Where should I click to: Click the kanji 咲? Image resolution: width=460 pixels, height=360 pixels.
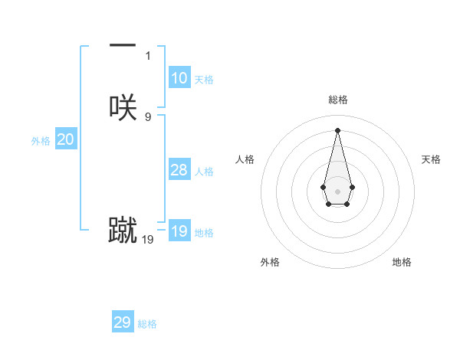(x=123, y=106)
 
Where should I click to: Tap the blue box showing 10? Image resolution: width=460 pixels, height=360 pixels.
(x=179, y=78)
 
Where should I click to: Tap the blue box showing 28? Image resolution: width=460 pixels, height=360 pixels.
(x=179, y=170)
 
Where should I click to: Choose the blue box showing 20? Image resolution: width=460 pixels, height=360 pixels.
(x=66, y=139)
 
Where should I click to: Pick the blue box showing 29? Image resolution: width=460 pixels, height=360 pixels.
(x=123, y=322)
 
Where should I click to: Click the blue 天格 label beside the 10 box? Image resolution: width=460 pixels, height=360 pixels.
(x=204, y=80)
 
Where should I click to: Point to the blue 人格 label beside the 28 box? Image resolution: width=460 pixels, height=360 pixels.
(x=204, y=172)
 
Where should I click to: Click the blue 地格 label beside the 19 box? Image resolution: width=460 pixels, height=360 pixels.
(x=204, y=233)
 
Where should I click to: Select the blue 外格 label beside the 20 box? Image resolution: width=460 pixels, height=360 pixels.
(x=41, y=141)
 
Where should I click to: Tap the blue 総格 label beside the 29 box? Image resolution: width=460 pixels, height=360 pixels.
(x=147, y=324)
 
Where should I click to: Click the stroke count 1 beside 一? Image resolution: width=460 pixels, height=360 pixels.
(x=148, y=56)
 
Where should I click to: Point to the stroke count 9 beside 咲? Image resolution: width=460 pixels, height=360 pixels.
(x=148, y=117)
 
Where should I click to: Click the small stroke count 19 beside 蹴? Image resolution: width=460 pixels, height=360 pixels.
(x=148, y=240)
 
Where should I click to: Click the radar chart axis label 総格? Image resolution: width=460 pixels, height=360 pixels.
(x=337, y=100)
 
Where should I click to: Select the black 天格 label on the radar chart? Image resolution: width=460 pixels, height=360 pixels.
(x=431, y=159)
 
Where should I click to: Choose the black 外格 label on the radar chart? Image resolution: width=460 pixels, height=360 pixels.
(x=270, y=262)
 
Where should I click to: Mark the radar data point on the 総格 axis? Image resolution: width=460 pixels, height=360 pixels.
(x=337, y=129)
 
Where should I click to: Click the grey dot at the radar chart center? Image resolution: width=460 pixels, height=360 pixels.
(x=337, y=190)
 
